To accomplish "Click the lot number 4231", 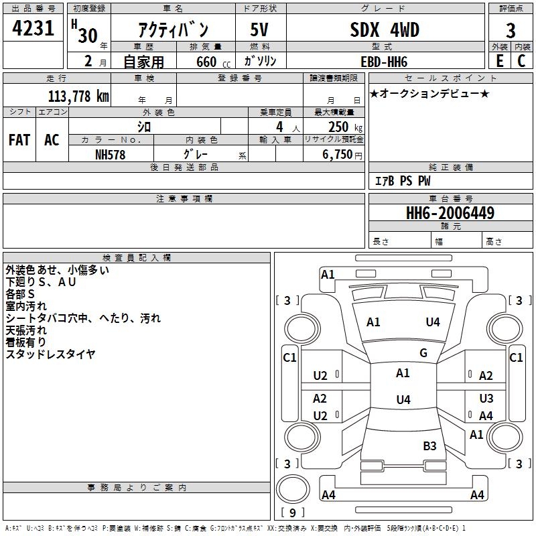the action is pyautogui.click(x=33, y=28).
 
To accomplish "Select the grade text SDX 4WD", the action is pyautogui.click(x=385, y=29).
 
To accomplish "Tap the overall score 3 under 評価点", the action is pyautogui.click(x=511, y=31).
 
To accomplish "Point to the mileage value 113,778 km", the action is pyautogui.click(x=78, y=96).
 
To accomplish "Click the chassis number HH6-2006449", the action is pyautogui.click(x=450, y=213).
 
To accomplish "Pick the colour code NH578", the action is pyautogui.click(x=110, y=155).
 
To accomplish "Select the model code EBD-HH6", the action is pyautogui.click(x=384, y=62).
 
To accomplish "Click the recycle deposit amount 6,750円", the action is pyautogui.click(x=342, y=155).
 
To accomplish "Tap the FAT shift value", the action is pyautogui.click(x=19, y=140).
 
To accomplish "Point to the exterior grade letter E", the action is pyautogui.click(x=500, y=61).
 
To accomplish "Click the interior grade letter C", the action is pyautogui.click(x=521, y=61).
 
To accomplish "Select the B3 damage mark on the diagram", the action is pyautogui.click(x=429, y=446).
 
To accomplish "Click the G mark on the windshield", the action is pyautogui.click(x=423, y=353).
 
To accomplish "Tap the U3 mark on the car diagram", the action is pyautogui.click(x=486, y=398).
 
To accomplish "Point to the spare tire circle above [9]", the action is pyautogui.click(x=293, y=489).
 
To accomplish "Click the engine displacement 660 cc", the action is pyautogui.click(x=213, y=62).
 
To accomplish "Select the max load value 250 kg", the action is pyautogui.click(x=345, y=127).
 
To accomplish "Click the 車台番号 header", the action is pyautogui.click(x=450, y=198).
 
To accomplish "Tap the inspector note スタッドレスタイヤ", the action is pyautogui.click(x=51, y=354).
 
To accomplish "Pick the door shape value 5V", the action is pyautogui.click(x=259, y=29).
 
